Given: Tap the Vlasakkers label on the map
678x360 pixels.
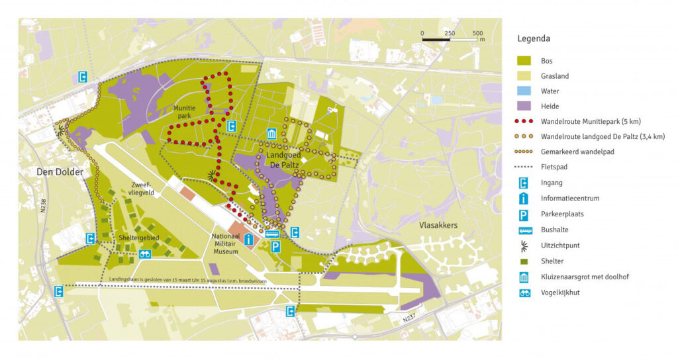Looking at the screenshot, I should pos(438,225).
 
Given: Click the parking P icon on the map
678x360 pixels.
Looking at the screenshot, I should pos(275,247).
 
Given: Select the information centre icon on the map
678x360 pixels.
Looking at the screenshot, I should pos(249,239).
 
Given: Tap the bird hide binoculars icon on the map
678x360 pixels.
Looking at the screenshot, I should pos(144,254).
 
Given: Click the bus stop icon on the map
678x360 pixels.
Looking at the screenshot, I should pos(271,233).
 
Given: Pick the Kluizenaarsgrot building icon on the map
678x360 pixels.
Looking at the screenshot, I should pos(271,134).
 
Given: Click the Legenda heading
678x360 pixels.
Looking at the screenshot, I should pos(534,38).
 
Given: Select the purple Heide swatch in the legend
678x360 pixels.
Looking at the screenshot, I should pos(524,106).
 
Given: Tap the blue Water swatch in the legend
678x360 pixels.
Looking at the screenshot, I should pos(524,91).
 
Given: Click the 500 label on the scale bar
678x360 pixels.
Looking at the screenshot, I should pos(478,33).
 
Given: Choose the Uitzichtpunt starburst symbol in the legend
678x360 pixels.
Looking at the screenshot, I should pos(524,246).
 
